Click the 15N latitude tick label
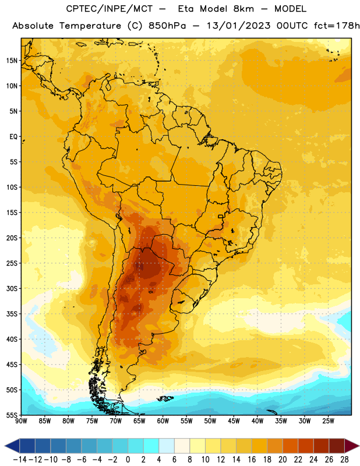12,61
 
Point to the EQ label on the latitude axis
13,137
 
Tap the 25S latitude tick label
12,263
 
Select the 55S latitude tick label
12,415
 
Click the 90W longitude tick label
21,421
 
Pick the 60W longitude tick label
163,421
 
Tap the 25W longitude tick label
328,421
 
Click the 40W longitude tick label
257,421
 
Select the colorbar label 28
344,460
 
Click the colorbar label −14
20,460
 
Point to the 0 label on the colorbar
128,460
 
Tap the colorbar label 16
252,460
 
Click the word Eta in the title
186,9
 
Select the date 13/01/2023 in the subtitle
239,26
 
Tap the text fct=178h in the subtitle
337,26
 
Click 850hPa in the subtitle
167,26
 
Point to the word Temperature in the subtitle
90,26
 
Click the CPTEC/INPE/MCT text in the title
110,9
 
